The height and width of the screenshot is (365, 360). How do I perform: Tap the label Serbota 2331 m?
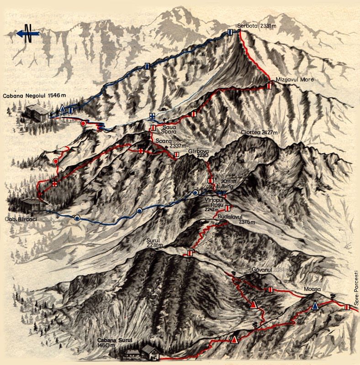click(x=257, y=26)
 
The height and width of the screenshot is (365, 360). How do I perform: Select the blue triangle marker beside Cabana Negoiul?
click(x=63, y=108)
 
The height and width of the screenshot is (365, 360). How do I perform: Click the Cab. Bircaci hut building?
click(x=32, y=204)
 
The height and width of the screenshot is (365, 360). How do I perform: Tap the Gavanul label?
click(x=262, y=270)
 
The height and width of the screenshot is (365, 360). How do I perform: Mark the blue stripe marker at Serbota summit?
click(x=230, y=31)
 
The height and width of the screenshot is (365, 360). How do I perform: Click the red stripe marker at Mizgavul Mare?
click(x=270, y=85)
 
